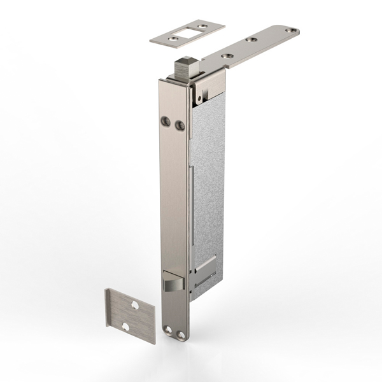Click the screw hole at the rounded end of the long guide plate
point(292,29)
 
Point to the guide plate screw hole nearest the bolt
point(225,55)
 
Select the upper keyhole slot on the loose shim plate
point(134,305)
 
